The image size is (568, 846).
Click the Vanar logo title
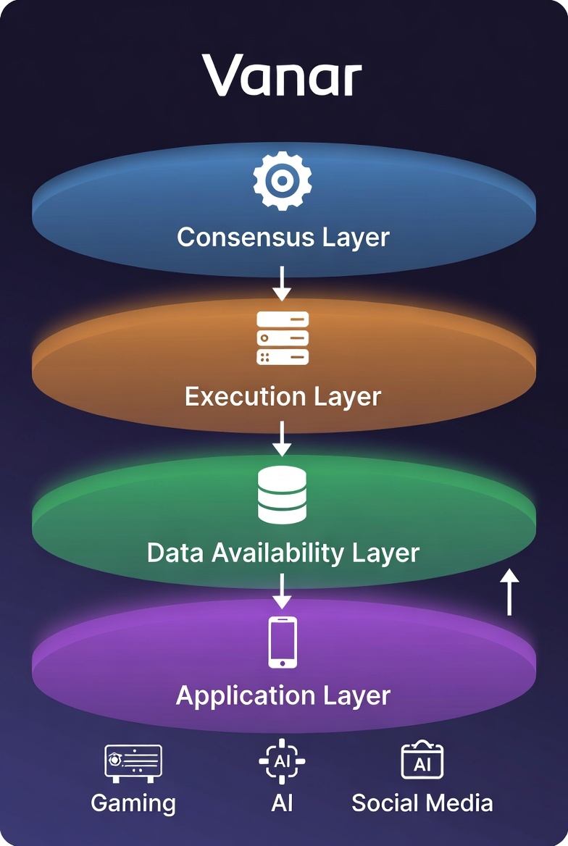coord(282,75)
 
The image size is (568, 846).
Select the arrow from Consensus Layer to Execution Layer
coord(282,283)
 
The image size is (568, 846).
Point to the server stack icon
coord(283,338)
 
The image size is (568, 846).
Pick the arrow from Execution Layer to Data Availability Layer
coord(282,439)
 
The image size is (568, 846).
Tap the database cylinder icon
coord(283,495)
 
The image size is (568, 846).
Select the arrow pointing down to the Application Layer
coord(282,591)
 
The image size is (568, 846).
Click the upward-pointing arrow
coord(510,592)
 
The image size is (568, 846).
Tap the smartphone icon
coord(283,642)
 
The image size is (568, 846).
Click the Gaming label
coord(133,803)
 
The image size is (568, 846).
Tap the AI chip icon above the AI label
coord(282,761)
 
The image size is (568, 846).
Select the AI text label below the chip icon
coord(282,803)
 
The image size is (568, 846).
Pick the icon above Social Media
coord(422,761)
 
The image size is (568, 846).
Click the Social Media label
coord(422,803)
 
